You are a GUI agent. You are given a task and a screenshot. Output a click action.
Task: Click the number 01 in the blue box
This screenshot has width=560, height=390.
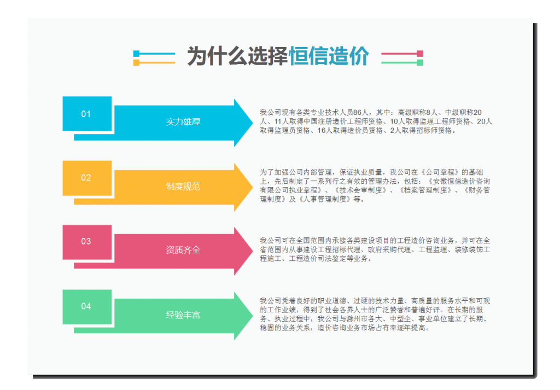[x=86, y=114]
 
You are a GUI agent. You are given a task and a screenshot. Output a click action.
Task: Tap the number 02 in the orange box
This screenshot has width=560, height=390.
[x=86, y=178]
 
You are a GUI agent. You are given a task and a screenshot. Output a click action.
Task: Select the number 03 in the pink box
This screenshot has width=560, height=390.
[x=86, y=241]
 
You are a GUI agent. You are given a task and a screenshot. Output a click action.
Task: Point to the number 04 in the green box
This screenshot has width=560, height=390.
[x=86, y=306]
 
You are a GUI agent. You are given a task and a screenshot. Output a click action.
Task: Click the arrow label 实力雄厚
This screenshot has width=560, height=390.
[x=183, y=122]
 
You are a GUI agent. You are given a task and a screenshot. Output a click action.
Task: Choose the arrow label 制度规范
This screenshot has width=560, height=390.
[x=183, y=186]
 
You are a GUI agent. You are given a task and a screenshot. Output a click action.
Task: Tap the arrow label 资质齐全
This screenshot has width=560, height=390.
[x=183, y=250]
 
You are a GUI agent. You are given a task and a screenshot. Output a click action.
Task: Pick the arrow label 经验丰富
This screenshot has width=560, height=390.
[x=183, y=315]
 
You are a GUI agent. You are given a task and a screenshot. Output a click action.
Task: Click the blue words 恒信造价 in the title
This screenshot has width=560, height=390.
[x=329, y=56]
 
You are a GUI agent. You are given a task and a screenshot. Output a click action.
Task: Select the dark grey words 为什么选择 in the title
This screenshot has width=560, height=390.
[x=238, y=56]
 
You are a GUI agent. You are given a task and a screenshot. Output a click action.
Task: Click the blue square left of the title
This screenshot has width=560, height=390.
[x=136, y=54]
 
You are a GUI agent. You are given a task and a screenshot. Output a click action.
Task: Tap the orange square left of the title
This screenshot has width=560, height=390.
[x=136, y=63]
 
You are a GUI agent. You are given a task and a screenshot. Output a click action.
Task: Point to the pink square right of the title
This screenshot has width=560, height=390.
[x=420, y=54]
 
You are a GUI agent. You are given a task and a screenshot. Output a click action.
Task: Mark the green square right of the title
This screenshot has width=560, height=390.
[x=420, y=62]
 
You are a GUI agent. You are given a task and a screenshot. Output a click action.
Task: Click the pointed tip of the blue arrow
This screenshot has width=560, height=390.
[x=253, y=123]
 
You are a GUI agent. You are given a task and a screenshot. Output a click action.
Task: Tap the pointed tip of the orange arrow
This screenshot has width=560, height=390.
[x=253, y=187]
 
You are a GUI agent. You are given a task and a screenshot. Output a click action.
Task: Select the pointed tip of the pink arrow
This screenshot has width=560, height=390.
[x=253, y=251]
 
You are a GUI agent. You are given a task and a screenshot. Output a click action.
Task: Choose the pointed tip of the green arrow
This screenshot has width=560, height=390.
[x=253, y=316]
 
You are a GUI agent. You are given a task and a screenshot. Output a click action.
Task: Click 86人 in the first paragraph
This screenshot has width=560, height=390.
[x=361, y=113]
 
